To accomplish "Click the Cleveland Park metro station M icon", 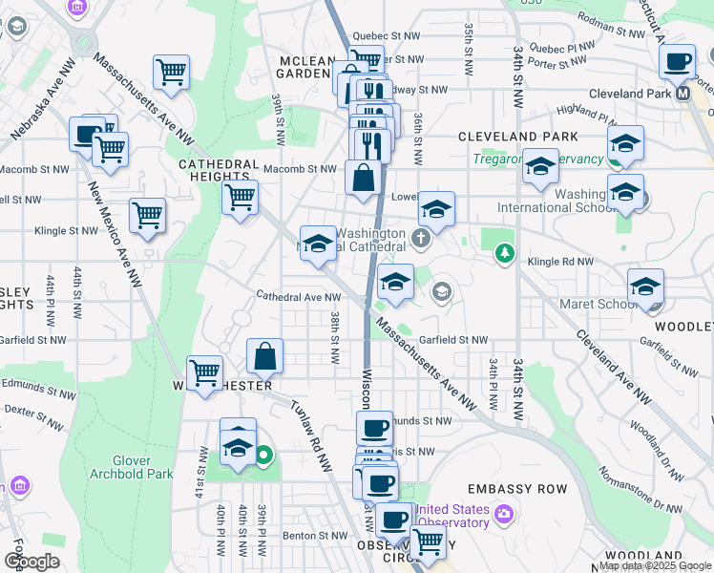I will tap(682, 94).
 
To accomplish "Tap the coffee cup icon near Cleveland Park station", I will tap(678, 62).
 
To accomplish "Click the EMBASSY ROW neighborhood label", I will tap(526, 489).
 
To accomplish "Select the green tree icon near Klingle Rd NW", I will tap(505, 254).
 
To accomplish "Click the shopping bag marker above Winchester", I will tap(266, 356).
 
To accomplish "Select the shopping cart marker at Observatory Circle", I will tap(430, 541).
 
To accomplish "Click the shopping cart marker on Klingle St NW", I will tap(147, 215).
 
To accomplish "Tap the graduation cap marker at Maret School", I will tap(646, 286).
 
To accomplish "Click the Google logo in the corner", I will tap(32, 562).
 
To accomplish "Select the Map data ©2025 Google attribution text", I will tap(655, 566).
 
